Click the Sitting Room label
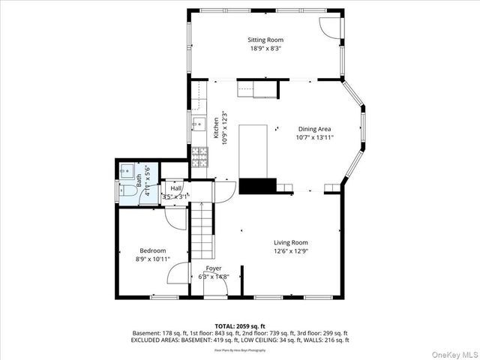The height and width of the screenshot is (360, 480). [265, 40]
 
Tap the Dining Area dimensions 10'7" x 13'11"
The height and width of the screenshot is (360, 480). [315, 137]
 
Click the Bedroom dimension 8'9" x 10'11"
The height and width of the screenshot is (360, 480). [152, 259]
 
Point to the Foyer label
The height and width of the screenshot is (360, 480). [213, 268]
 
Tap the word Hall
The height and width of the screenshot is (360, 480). [175, 188]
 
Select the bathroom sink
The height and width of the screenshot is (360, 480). [126, 170]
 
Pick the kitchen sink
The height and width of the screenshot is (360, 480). [198, 124]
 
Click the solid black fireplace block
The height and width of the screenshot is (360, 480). [258, 186]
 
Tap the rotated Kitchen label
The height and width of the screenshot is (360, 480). [216, 127]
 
